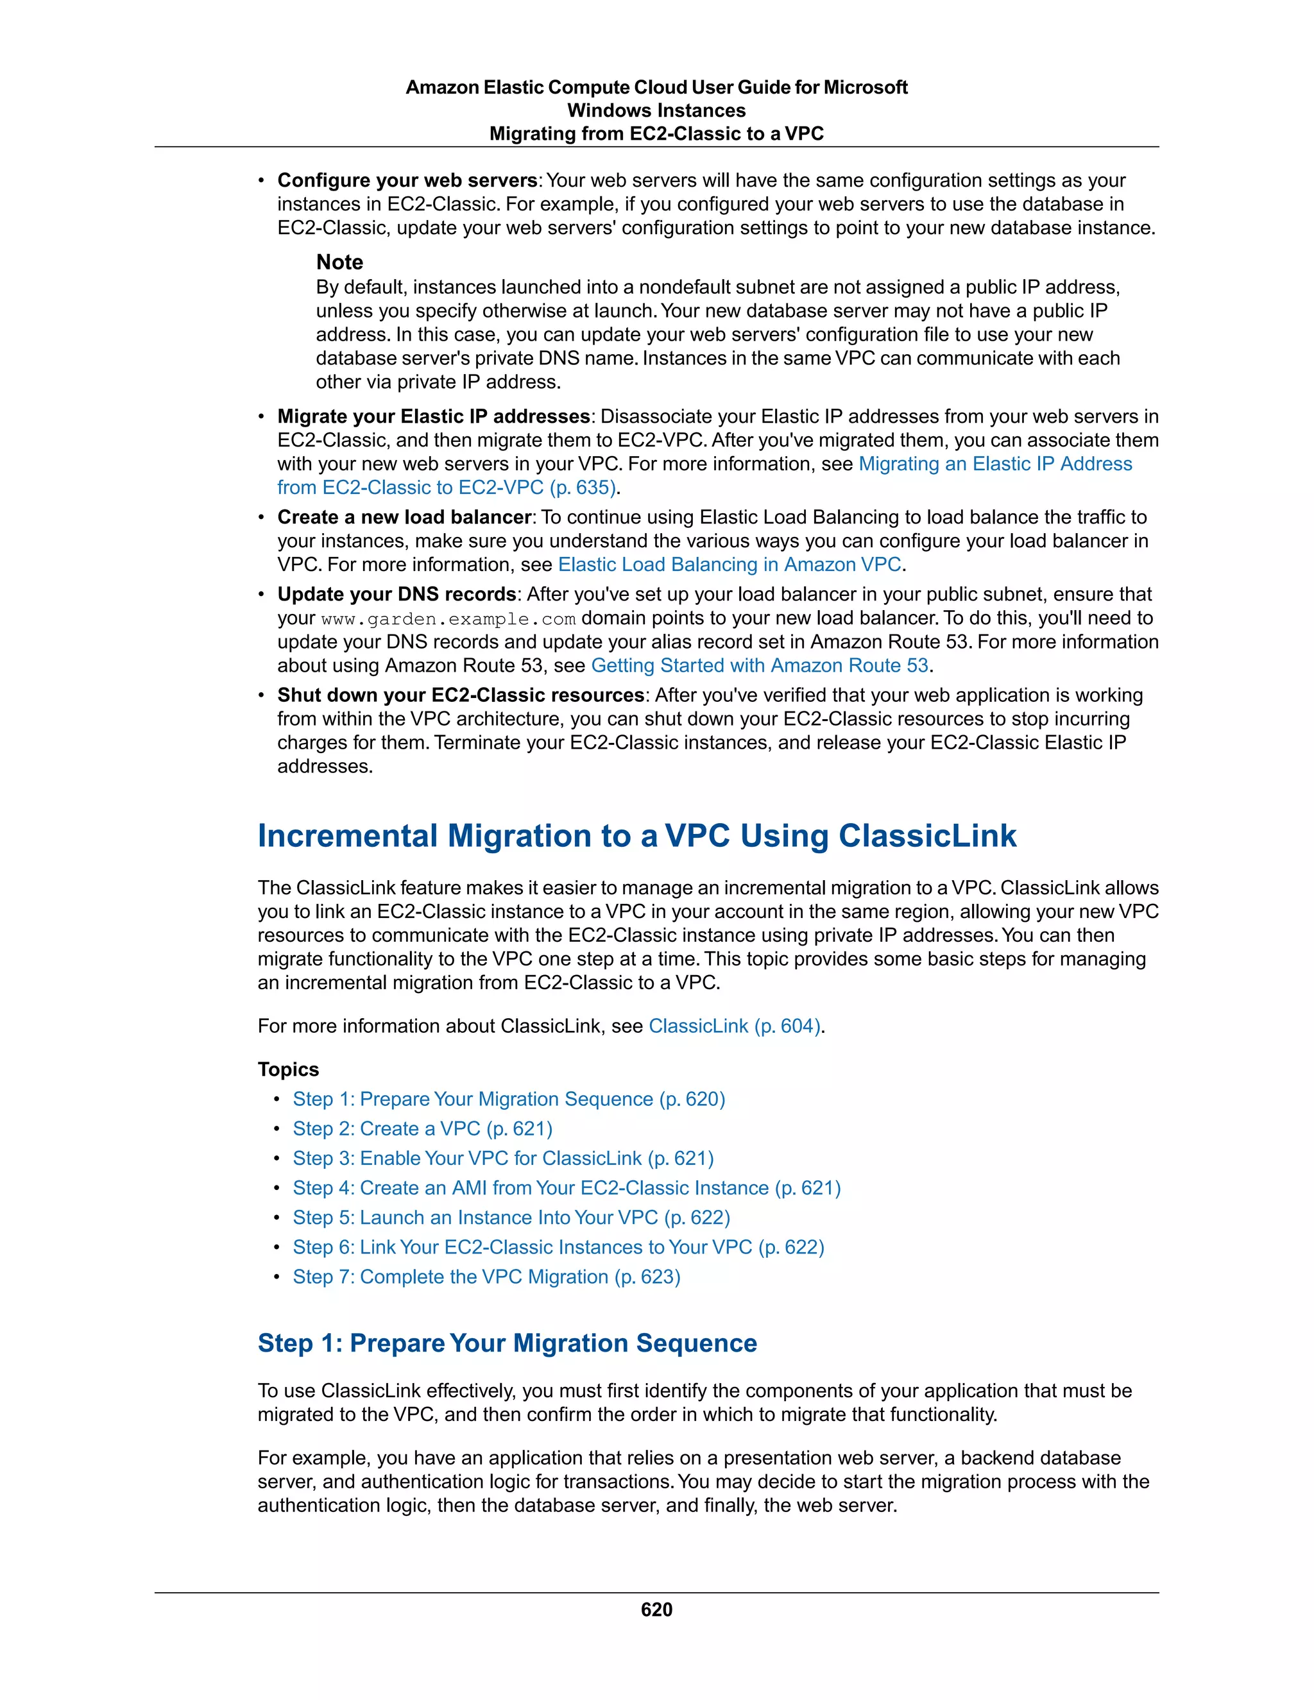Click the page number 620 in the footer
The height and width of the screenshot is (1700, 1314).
(656, 1610)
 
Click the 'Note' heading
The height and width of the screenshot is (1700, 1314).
(339, 262)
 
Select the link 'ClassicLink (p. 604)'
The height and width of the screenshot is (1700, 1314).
(735, 1026)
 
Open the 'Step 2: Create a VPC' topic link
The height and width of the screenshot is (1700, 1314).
(422, 1128)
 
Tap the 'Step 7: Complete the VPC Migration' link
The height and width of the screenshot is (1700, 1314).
(486, 1277)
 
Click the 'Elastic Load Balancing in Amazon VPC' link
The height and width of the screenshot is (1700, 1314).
(730, 565)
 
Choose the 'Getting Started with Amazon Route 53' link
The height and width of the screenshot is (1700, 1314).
(759, 665)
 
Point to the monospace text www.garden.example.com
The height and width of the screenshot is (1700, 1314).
(448, 619)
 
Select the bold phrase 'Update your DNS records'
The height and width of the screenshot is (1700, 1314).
(397, 595)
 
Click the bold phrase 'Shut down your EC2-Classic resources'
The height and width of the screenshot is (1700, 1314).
(461, 695)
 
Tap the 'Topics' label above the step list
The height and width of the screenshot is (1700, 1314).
(288, 1069)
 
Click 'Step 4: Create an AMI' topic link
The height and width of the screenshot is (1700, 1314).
(566, 1188)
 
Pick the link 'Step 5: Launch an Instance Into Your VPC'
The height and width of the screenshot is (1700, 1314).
(511, 1218)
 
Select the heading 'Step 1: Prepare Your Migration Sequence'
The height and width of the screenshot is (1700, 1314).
(507, 1343)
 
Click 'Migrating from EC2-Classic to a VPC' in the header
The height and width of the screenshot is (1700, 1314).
(656, 134)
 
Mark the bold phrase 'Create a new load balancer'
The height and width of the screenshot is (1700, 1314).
(404, 518)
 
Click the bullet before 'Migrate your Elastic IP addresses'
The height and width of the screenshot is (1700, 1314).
(262, 417)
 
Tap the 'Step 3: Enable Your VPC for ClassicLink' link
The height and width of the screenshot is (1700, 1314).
(503, 1158)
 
